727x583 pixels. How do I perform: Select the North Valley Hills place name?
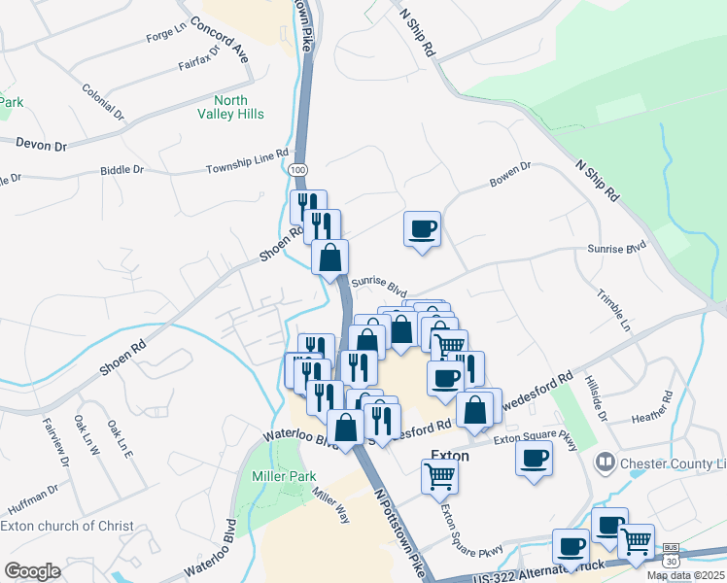click(231, 107)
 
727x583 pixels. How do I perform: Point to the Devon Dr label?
click(41, 145)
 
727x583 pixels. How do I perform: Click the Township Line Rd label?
click(248, 161)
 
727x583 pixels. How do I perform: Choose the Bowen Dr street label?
click(510, 174)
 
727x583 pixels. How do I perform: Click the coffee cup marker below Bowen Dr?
click(422, 229)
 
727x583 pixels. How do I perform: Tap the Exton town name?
click(450, 456)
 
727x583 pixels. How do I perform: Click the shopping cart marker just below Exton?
click(439, 477)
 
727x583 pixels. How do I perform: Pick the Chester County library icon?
click(605, 462)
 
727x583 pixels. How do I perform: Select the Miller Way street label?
click(330, 505)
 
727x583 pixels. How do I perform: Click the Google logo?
click(32, 570)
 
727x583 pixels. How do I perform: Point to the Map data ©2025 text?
click(683, 575)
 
